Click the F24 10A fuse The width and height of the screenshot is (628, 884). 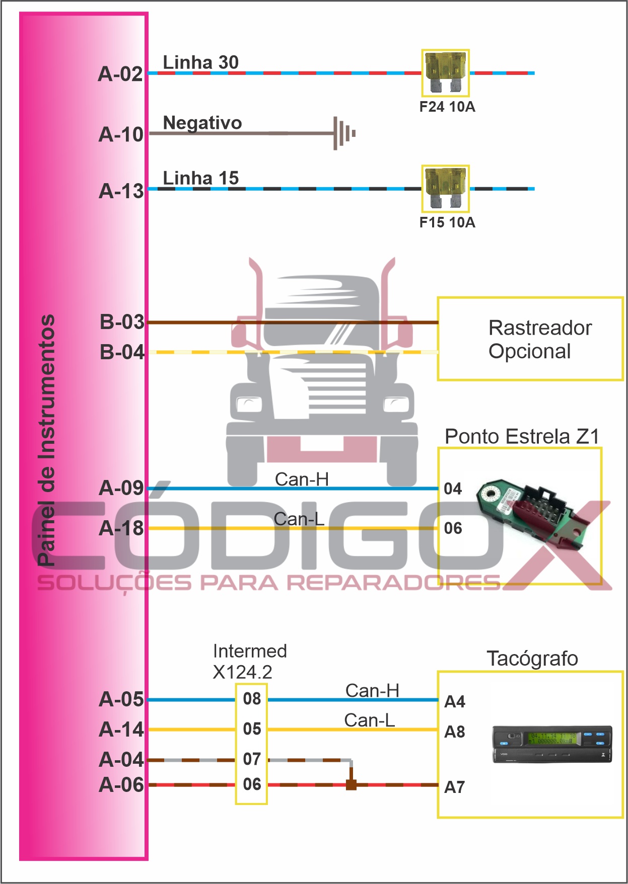coord(445,73)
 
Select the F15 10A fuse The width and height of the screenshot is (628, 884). coord(445,189)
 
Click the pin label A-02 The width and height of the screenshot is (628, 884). coord(120,74)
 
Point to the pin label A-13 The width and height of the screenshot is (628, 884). coord(121,191)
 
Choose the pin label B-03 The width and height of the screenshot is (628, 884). coord(122,322)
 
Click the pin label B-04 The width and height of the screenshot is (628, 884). coord(122,352)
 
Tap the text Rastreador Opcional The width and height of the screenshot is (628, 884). coord(539,339)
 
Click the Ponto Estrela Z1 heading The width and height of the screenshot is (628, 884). coord(522,437)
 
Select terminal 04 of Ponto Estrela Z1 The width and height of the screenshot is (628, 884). coord(453,489)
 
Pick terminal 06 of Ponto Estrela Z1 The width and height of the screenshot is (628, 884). coord(453,528)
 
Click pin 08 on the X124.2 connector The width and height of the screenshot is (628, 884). coord(252,699)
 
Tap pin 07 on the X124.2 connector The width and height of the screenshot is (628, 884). coord(252,759)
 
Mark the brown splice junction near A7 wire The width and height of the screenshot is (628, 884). coord(351,784)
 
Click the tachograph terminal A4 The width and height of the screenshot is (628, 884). coord(454,701)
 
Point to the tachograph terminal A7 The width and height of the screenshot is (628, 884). coord(454,787)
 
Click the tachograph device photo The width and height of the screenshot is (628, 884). coord(552,744)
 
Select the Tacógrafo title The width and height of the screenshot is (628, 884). coord(532,659)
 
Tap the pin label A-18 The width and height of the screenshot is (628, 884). coord(121,528)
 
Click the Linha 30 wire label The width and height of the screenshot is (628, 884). coord(200,62)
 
